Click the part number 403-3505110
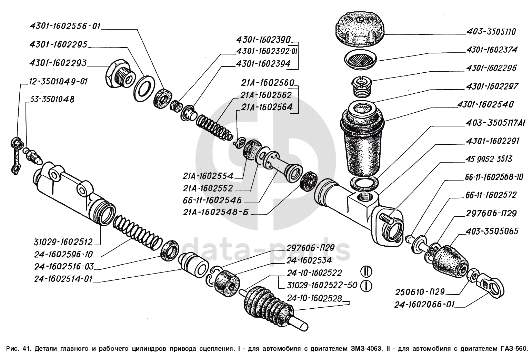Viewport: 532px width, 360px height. pos(491,32)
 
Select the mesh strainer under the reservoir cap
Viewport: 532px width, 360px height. pos(361,60)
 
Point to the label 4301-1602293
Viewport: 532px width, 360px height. pos(58,63)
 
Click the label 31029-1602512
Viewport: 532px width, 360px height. pos(63,242)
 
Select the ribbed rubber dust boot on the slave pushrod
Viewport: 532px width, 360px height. pos(268,303)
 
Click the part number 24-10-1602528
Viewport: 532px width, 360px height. pos(314,299)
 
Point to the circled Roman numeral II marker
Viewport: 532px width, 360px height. pos(367,272)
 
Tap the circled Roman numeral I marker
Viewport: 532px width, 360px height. pos(367,286)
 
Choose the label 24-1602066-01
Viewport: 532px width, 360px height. pos(424,305)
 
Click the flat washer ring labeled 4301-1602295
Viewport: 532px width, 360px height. pos(144,89)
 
